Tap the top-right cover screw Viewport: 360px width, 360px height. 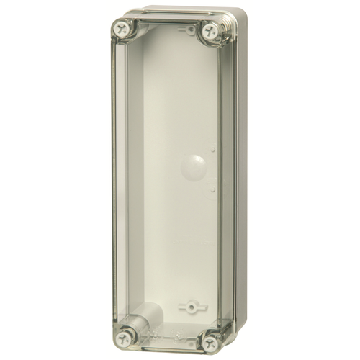[210, 30]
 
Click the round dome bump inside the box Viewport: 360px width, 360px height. [194, 167]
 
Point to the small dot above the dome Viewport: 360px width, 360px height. [214, 150]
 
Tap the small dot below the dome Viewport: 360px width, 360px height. [213, 190]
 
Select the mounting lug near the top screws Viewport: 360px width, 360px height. [190, 30]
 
